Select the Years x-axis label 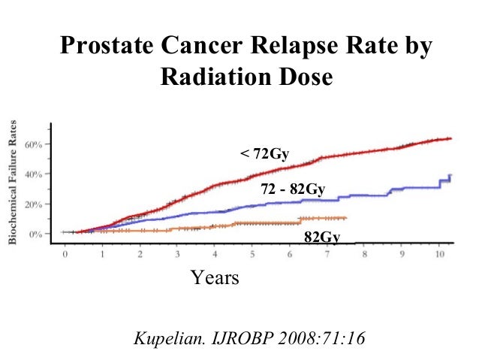pyautogui.click(x=215, y=278)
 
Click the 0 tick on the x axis pyautogui.click(x=65, y=255)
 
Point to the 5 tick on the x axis pyautogui.click(x=252, y=255)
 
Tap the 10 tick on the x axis pyautogui.click(x=438, y=255)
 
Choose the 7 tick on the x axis pyautogui.click(x=327, y=255)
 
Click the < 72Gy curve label pyautogui.click(x=264, y=155)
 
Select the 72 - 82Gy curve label pyautogui.click(x=292, y=190)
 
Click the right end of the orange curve pyautogui.click(x=345, y=218)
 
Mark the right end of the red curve pyautogui.click(x=450, y=138)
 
